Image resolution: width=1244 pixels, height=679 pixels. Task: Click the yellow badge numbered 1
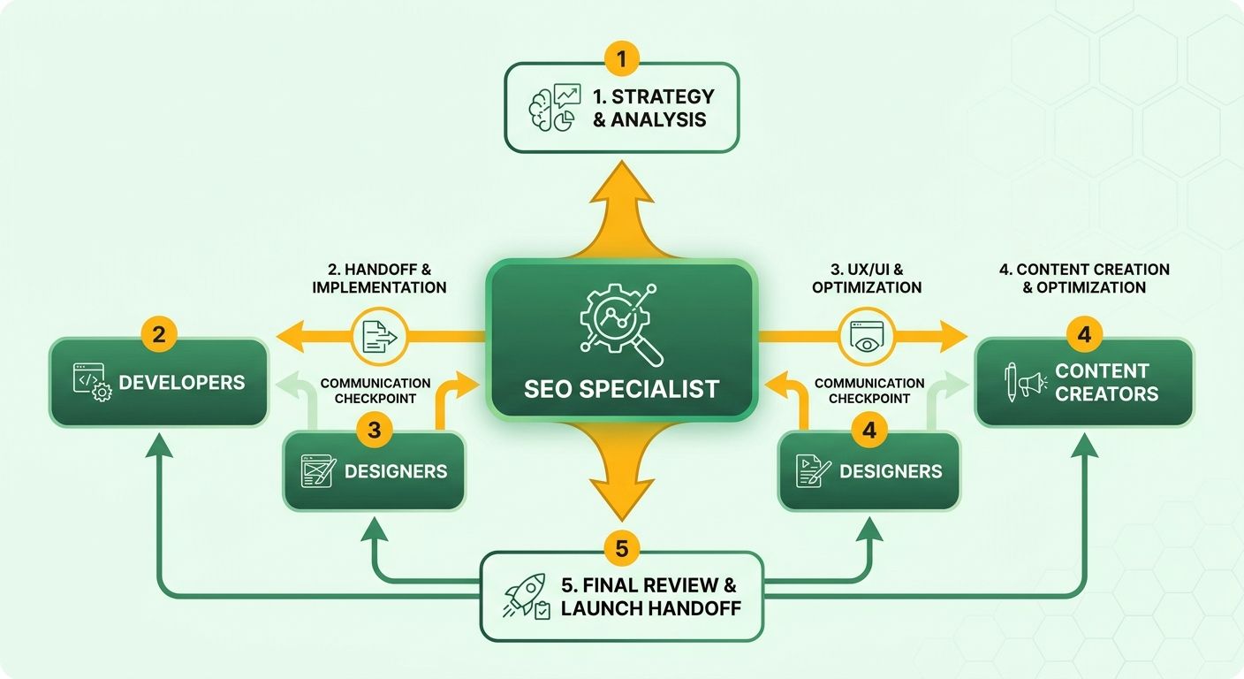pyautogui.click(x=621, y=58)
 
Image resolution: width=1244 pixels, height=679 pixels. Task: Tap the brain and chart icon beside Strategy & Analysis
pyautogui.click(x=555, y=107)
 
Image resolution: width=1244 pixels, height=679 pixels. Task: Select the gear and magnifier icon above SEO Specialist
pyautogui.click(x=621, y=324)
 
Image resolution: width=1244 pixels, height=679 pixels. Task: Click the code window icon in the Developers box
pyautogui.click(x=92, y=382)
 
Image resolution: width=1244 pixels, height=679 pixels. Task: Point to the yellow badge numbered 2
pyautogui.click(x=159, y=334)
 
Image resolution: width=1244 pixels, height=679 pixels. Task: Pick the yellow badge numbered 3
pyautogui.click(x=375, y=430)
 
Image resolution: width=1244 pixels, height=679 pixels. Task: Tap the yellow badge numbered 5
pyautogui.click(x=621, y=548)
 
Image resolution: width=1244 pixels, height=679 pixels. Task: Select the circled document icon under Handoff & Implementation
pyautogui.click(x=379, y=336)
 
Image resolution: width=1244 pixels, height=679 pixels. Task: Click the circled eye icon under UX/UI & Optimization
pyautogui.click(x=867, y=336)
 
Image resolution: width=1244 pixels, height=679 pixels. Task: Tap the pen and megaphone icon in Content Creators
pyautogui.click(x=1025, y=382)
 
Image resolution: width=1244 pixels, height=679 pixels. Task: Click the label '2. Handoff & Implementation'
pyautogui.click(x=379, y=278)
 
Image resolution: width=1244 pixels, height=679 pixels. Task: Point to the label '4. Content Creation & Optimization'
pyautogui.click(x=1084, y=278)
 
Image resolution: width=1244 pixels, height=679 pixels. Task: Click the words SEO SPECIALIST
pyautogui.click(x=621, y=389)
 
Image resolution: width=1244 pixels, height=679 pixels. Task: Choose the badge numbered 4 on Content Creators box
pyautogui.click(x=1084, y=334)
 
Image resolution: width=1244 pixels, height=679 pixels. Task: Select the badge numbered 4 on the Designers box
pyautogui.click(x=869, y=430)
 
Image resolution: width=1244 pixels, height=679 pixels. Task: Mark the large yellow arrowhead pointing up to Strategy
pyautogui.click(x=621, y=182)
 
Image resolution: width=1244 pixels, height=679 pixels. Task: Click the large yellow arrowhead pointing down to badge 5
pyautogui.click(x=621, y=500)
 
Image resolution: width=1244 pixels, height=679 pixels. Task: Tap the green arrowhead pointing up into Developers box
pyautogui.click(x=159, y=446)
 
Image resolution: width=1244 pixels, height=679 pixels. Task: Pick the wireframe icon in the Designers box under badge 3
pyautogui.click(x=318, y=471)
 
